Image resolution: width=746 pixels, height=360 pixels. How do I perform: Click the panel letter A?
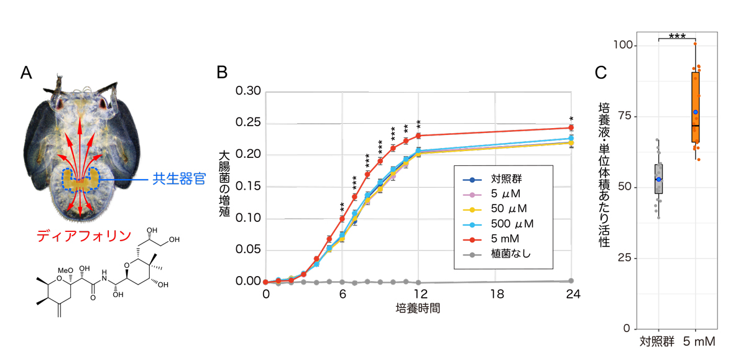pyautogui.click(x=26, y=73)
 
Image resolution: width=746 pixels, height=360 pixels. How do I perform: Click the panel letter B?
pyautogui.click(x=222, y=73)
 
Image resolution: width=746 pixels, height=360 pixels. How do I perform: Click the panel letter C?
pyautogui.click(x=601, y=73)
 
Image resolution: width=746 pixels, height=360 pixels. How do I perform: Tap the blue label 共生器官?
pyautogui.click(x=178, y=180)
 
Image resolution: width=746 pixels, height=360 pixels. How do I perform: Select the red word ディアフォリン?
pyautogui.click(x=83, y=236)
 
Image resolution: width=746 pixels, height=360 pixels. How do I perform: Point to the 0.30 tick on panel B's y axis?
pyautogui.click(x=249, y=91)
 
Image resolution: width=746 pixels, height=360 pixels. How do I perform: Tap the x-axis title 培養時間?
pyautogui.click(x=418, y=309)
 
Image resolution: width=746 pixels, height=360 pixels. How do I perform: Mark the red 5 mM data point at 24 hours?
pyautogui.click(x=571, y=128)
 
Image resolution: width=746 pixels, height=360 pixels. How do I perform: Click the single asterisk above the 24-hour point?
pyautogui.click(x=571, y=119)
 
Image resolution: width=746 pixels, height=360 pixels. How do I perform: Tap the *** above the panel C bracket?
pyautogui.click(x=677, y=37)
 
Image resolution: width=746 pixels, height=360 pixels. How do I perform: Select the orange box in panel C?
pyautogui.click(x=695, y=107)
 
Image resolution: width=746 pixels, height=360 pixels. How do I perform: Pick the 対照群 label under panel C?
pyautogui.click(x=658, y=341)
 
